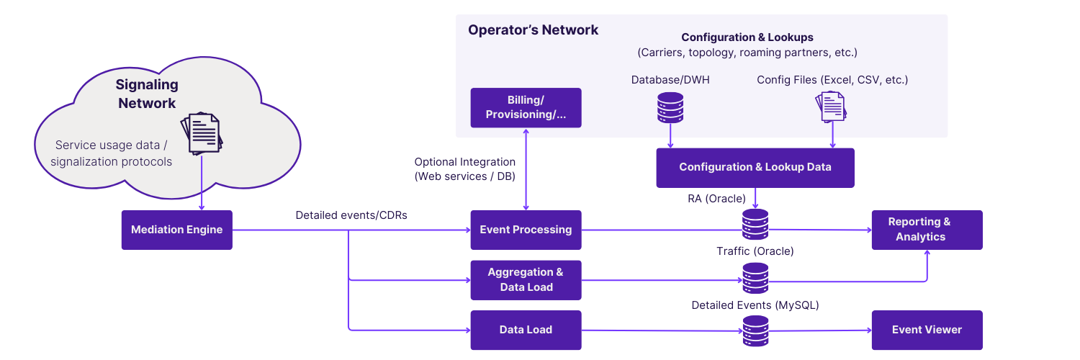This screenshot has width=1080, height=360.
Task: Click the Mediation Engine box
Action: click(176, 230)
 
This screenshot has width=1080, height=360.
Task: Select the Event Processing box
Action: click(526, 230)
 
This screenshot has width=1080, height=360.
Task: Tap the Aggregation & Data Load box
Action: click(526, 279)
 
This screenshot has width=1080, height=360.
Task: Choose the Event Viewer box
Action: click(927, 330)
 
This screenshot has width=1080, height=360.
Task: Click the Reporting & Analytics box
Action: click(927, 230)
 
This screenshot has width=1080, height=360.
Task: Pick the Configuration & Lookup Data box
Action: click(755, 167)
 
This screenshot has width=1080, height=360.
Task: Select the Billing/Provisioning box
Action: click(526, 107)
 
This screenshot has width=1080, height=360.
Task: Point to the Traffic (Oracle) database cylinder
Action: click(755, 278)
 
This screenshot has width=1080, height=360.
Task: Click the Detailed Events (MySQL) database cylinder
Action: click(755, 330)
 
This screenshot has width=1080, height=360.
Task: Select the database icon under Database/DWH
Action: click(670, 106)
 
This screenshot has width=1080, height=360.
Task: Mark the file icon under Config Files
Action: click(832, 106)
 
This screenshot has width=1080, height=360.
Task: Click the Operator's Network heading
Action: click(533, 30)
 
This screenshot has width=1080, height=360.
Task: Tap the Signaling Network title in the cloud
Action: click(147, 94)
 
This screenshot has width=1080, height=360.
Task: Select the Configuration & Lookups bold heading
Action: click(747, 37)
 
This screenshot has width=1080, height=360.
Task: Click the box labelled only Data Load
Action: click(526, 330)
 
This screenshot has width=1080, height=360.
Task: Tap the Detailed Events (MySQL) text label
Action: click(755, 305)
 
